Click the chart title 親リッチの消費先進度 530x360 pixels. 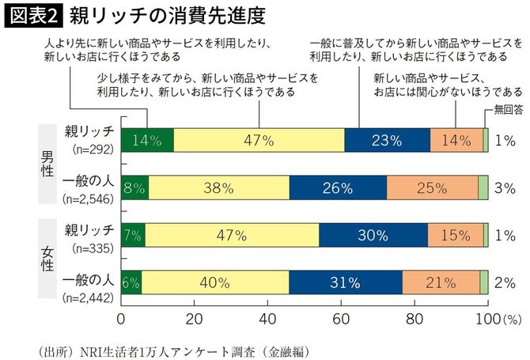coord(166,15)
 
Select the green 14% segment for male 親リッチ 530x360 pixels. coord(147,140)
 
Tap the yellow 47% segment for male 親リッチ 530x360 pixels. coord(259,140)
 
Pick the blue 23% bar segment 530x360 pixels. coord(387,140)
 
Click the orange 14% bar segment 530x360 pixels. coord(456,140)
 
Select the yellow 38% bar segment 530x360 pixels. coord(218,188)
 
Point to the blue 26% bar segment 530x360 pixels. coord(338,188)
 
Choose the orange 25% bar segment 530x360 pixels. coord(432,188)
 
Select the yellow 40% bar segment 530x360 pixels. coord(215,282)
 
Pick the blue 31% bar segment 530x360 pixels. coord(346,282)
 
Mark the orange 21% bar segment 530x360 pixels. coord(441,282)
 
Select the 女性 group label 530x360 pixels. coord(47,259)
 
